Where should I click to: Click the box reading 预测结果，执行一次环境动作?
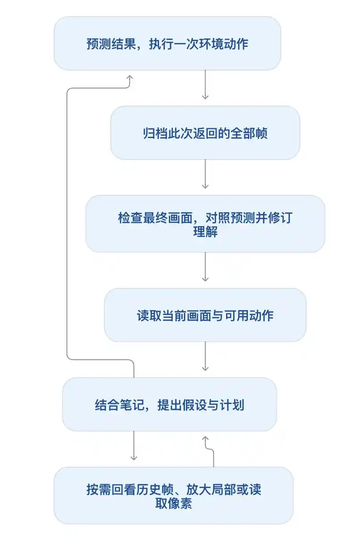pyautogui.click(x=167, y=43)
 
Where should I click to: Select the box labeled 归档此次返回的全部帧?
pyautogui.click(x=205, y=133)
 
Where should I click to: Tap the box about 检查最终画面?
pyautogui.click(x=205, y=224)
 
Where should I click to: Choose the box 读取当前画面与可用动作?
pyautogui.click(x=205, y=315)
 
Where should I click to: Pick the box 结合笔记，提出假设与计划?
pyautogui.click(x=170, y=404)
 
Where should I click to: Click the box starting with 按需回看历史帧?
pyautogui.click(x=174, y=496)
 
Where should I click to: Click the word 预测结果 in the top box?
pyautogui.click(x=111, y=44)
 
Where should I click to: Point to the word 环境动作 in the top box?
pyautogui.click(x=224, y=44)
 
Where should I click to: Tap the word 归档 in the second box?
pyautogui.click(x=155, y=133)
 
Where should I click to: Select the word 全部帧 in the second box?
pyautogui.click(x=249, y=133)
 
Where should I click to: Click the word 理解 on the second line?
pyautogui.click(x=205, y=232)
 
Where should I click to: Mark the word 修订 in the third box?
pyautogui.click(x=280, y=218)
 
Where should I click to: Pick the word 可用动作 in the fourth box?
pyautogui.click(x=249, y=316)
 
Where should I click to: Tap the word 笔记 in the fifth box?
pyautogui.click(x=132, y=405)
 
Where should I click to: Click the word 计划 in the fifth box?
pyautogui.click(x=232, y=405)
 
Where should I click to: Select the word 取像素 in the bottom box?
pyautogui.click(x=174, y=503)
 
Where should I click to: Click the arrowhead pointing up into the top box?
pyautogui.click(x=130, y=77)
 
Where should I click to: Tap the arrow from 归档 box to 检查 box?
pyautogui.click(x=205, y=174)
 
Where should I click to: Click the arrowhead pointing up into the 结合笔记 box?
pyautogui.click(x=205, y=439)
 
